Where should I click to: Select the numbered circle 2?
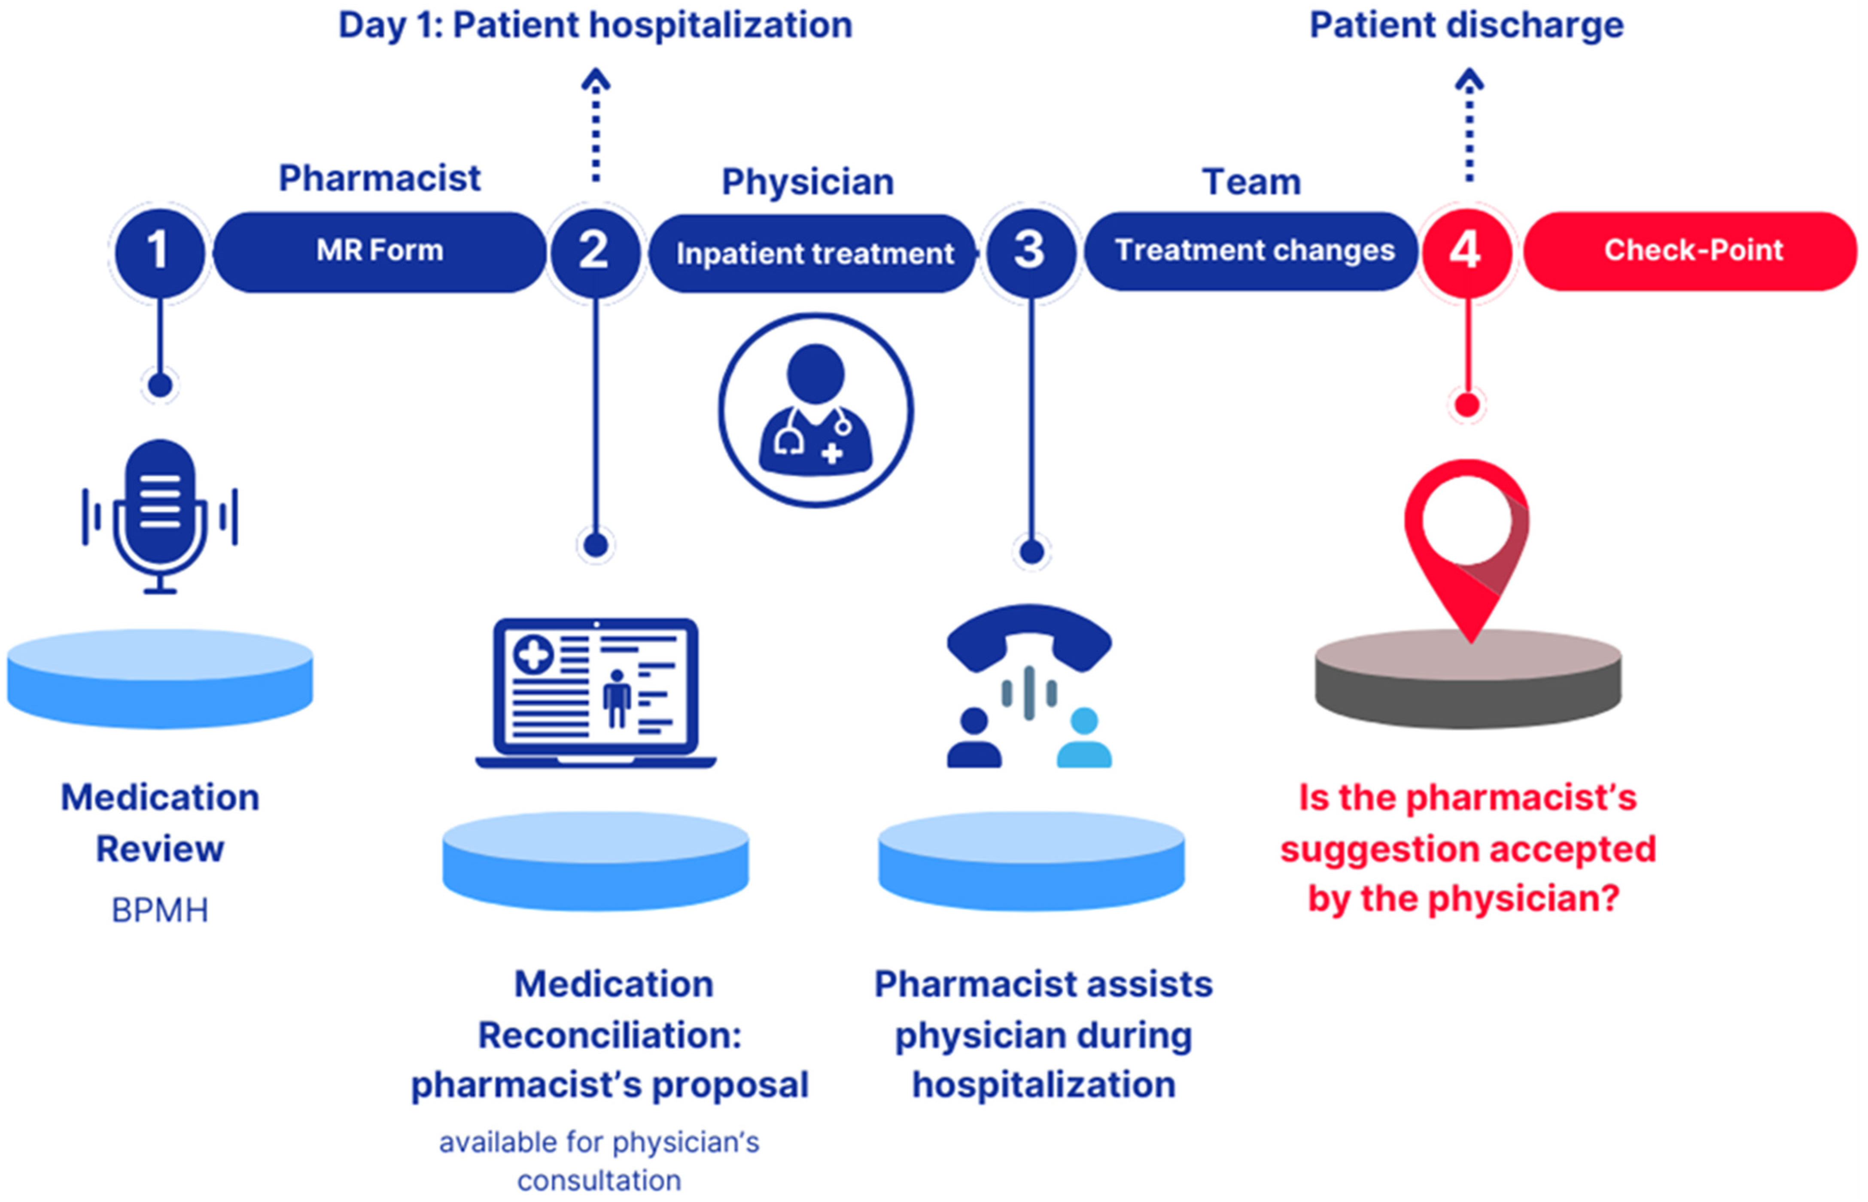pyautogui.click(x=595, y=251)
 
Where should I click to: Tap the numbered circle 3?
pyautogui.click(x=1030, y=251)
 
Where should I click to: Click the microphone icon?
pyautogui.click(x=160, y=515)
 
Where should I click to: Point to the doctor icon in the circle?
pyautogui.click(x=816, y=410)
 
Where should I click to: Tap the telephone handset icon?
pyautogui.click(x=1029, y=636)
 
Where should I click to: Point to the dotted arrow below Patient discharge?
pyautogui.click(x=1469, y=125)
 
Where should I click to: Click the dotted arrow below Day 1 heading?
pyautogui.click(x=596, y=125)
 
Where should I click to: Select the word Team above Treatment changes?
pyautogui.click(x=1251, y=182)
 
